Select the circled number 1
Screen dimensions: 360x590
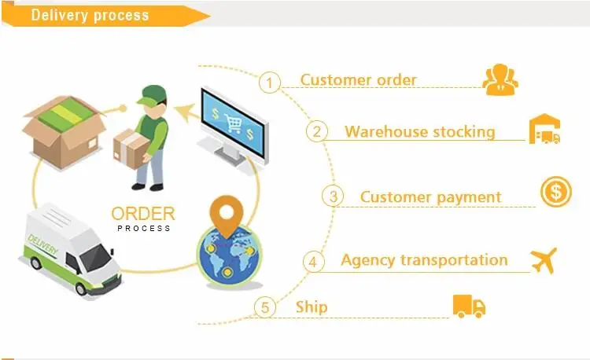pyautogui.click(x=270, y=83)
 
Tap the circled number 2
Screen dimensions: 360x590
pyautogui.click(x=316, y=131)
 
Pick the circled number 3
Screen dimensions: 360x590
pyautogui.click(x=334, y=196)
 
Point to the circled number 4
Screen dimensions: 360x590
pyautogui.click(x=314, y=261)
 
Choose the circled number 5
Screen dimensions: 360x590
pyautogui.click(x=267, y=307)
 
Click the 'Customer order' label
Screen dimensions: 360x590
pyautogui.click(x=359, y=79)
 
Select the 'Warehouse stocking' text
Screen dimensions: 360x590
pyautogui.click(x=420, y=131)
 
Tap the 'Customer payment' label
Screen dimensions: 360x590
pyautogui.click(x=430, y=197)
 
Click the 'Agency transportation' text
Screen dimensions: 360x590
pyautogui.click(x=424, y=259)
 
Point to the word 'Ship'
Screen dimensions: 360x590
pyautogui.click(x=312, y=307)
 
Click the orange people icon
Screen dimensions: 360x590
pyautogui.click(x=500, y=79)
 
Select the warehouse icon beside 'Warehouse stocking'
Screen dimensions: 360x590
pyautogui.click(x=545, y=130)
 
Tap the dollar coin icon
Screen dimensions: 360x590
pyautogui.click(x=555, y=193)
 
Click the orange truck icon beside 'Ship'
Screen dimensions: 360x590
pyautogui.click(x=469, y=305)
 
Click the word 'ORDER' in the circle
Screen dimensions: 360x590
pyautogui.click(x=143, y=214)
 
